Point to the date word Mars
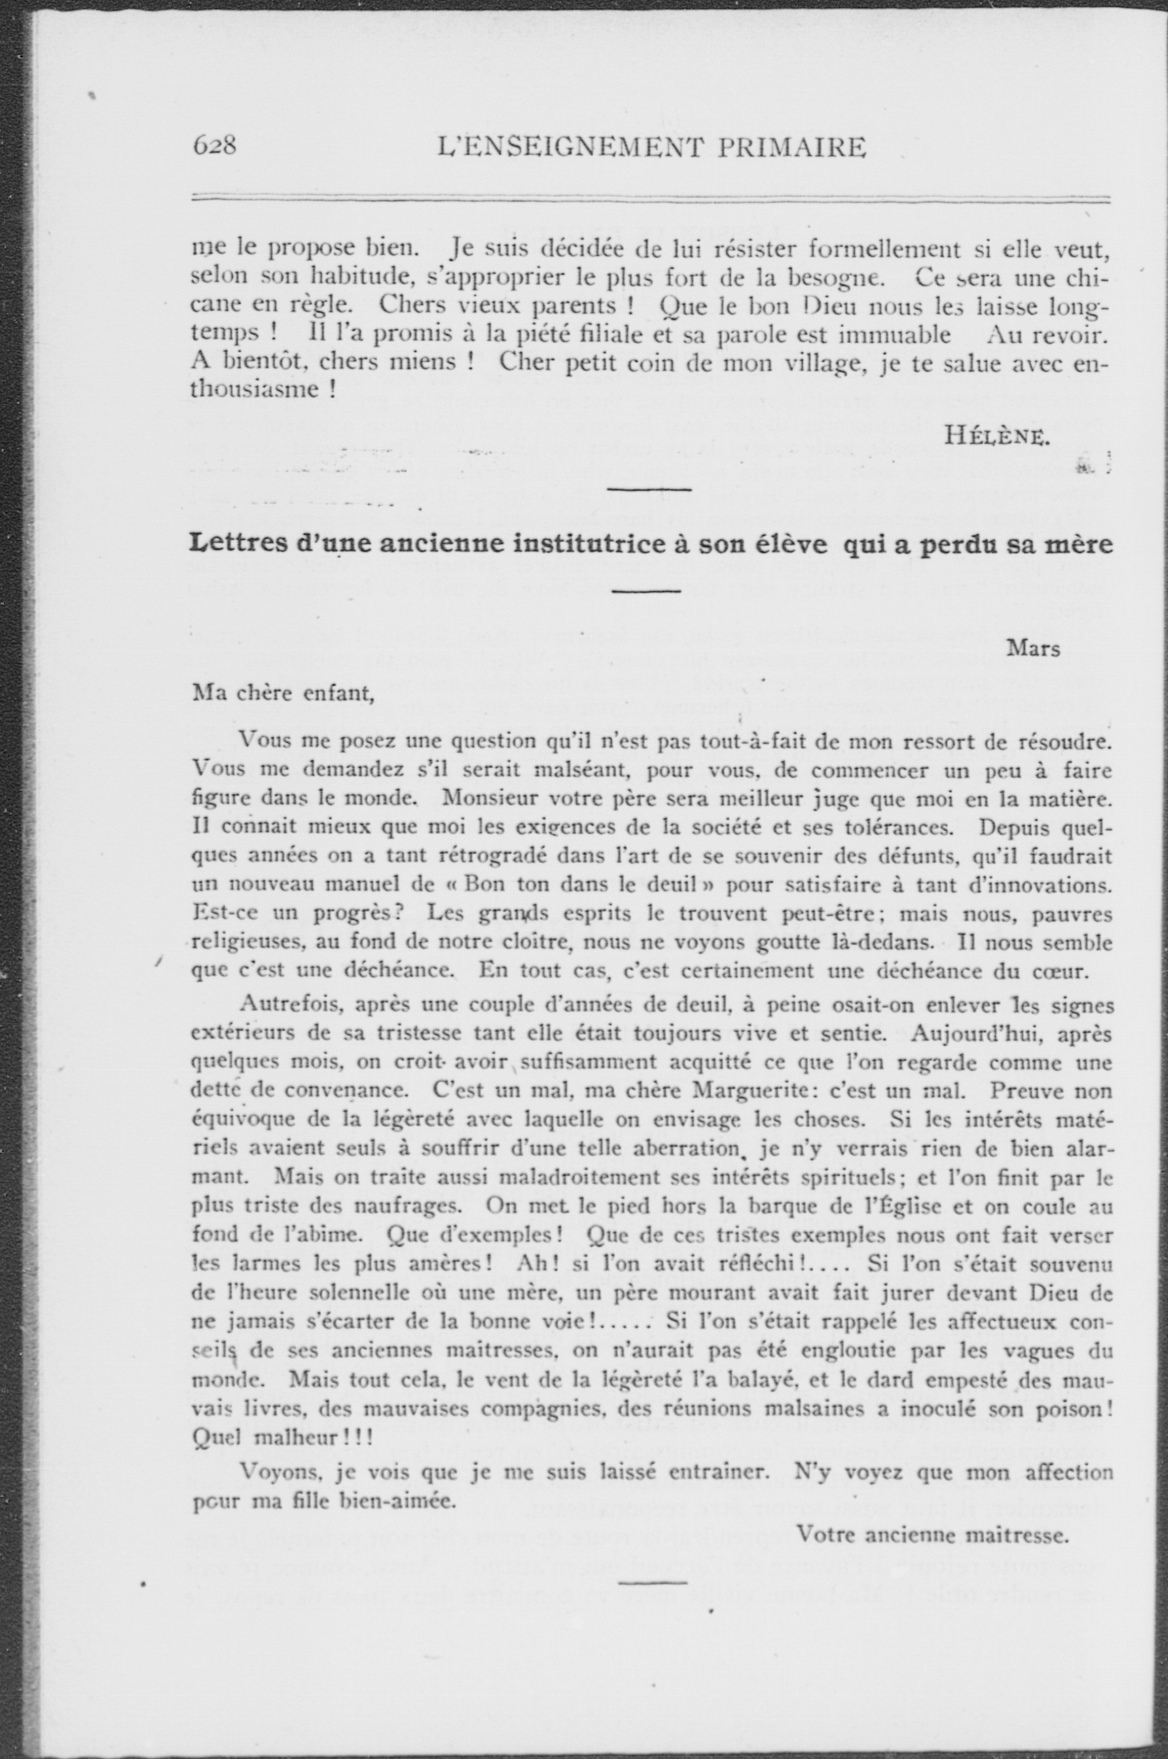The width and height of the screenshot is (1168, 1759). pyautogui.click(x=1033, y=649)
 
